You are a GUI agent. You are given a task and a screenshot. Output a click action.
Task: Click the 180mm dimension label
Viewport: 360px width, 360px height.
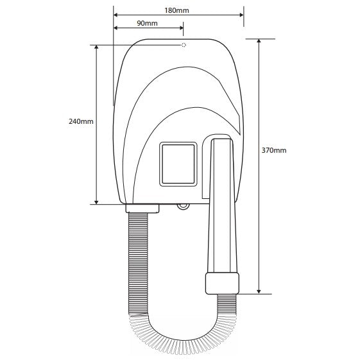176,10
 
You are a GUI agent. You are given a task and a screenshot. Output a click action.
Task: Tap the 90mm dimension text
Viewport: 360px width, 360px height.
147,23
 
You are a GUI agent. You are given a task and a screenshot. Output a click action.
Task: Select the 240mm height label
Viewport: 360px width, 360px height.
81,121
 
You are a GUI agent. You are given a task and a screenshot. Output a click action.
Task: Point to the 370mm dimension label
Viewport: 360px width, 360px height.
274,150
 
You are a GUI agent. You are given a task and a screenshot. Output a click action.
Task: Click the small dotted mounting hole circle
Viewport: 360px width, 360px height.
184,45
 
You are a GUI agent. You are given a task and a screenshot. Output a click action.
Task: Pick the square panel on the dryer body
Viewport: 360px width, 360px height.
178,164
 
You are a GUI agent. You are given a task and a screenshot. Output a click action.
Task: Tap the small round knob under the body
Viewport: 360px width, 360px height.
184,207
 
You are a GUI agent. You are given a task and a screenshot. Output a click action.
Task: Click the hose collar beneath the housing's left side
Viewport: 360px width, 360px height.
142,209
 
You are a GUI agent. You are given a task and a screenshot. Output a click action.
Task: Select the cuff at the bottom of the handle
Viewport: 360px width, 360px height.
222,284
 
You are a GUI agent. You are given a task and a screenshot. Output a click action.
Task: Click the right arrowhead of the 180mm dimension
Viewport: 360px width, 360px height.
241,15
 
